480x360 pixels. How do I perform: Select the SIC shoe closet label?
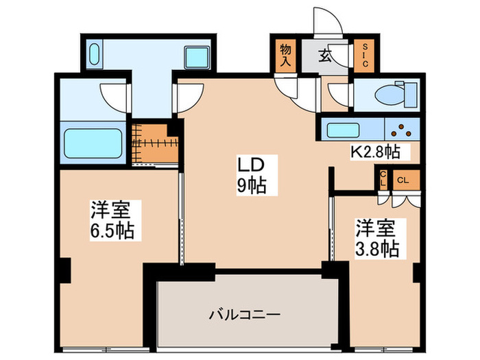(364, 54)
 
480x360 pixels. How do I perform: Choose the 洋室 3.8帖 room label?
(376, 237)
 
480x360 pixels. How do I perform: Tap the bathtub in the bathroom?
(92, 142)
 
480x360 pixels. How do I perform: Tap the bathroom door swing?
(111, 96)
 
